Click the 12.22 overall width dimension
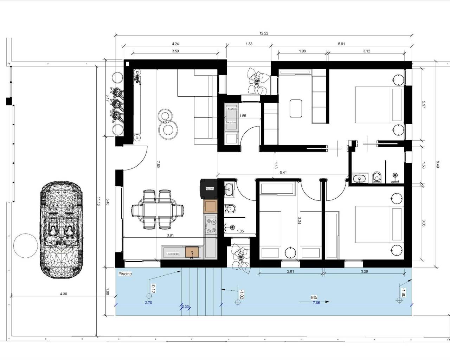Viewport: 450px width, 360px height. point(264,33)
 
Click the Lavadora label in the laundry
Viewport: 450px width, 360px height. point(231,109)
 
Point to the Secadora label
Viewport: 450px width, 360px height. point(231,122)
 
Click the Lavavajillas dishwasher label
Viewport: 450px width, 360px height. point(173,253)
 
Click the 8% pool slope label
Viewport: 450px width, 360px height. point(314,297)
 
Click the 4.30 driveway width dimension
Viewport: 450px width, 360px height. point(63,294)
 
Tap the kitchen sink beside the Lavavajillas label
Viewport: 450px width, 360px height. point(192,252)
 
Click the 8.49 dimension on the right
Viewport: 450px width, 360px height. point(438,164)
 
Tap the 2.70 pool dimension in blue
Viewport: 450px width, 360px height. point(148,302)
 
